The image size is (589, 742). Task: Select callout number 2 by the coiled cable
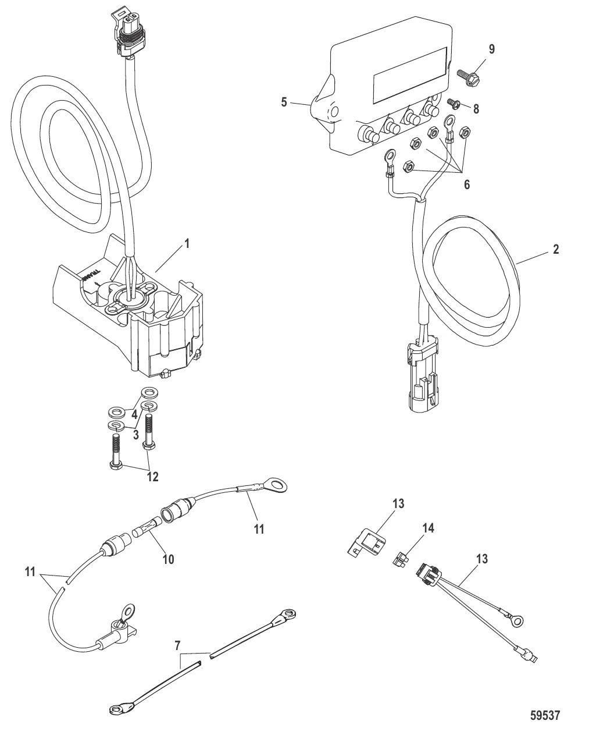pos(556,250)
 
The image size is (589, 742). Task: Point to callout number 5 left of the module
pos(284,102)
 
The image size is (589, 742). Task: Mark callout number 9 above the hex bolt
pos(491,49)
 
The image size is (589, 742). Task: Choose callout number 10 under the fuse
pos(169,559)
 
